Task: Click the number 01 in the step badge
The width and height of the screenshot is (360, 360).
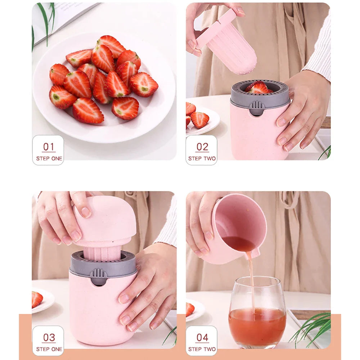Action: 48,147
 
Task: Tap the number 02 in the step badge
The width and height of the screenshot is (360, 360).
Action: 202,147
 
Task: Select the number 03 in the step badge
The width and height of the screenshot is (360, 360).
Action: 49,337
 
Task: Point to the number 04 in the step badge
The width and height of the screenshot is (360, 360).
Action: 202,337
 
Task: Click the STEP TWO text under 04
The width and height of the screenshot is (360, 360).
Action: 202,349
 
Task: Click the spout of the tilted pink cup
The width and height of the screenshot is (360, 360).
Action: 255,253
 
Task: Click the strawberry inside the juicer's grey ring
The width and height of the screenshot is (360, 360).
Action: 258,87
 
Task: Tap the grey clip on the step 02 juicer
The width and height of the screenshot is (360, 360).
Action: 256,107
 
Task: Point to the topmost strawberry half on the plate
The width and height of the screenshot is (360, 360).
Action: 111,46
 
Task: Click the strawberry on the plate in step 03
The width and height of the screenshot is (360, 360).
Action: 37,299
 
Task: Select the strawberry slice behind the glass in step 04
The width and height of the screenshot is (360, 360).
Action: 190,309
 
